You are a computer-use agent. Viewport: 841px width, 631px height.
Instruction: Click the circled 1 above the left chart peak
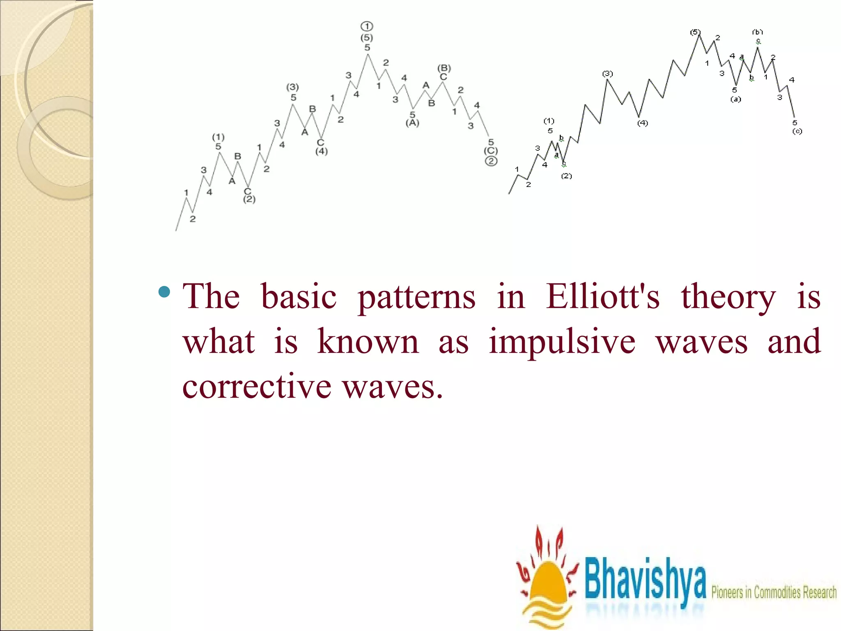pyautogui.click(x=367, y=27)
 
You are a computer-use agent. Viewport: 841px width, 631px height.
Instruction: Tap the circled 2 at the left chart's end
pyautogui.click(x=491, y=161)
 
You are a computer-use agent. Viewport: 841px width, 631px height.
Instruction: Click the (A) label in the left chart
pyautogui.click(x=412, y=123)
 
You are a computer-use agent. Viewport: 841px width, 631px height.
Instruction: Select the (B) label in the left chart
pyautogui.click(x=444, y=68)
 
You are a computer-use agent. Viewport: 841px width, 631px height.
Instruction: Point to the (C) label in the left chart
pyautogui.click(x=491, y=151)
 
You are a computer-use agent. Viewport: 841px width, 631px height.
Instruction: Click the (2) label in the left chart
pyautogui.click(x=249, y=199)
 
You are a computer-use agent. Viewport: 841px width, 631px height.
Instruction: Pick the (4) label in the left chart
pyautogui.click(x=322, y=151)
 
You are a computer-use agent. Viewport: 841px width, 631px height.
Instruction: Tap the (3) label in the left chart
pyautogui.click(x=292, y=87)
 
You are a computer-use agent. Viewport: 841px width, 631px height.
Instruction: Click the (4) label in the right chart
pyautogui.click(x=643, y=123)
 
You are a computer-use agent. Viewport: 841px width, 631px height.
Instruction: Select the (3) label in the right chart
pyautogui.click(x=607, y=74)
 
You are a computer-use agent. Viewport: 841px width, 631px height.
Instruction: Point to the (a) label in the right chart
pyautogui.click(x=735, y=99)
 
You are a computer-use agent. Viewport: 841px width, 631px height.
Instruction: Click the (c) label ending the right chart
pyautogui.click(x=797, y=131)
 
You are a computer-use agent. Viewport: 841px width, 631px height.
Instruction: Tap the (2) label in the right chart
pyautogui.click(x=566, y=176)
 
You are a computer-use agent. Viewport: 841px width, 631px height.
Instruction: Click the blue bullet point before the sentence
pyautogui.click(x=164, y=292)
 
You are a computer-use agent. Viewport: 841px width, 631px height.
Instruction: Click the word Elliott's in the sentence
pyautogui.click(x=602, y=297)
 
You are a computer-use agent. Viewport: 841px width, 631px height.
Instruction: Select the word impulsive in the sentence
pyautogui.click(x=562, y=342)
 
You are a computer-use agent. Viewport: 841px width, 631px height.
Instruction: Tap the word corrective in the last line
pyautogui.click(x=257, y=387)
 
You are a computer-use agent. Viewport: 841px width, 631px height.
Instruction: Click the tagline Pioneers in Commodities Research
pyautogui.click(x=774, y=592)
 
